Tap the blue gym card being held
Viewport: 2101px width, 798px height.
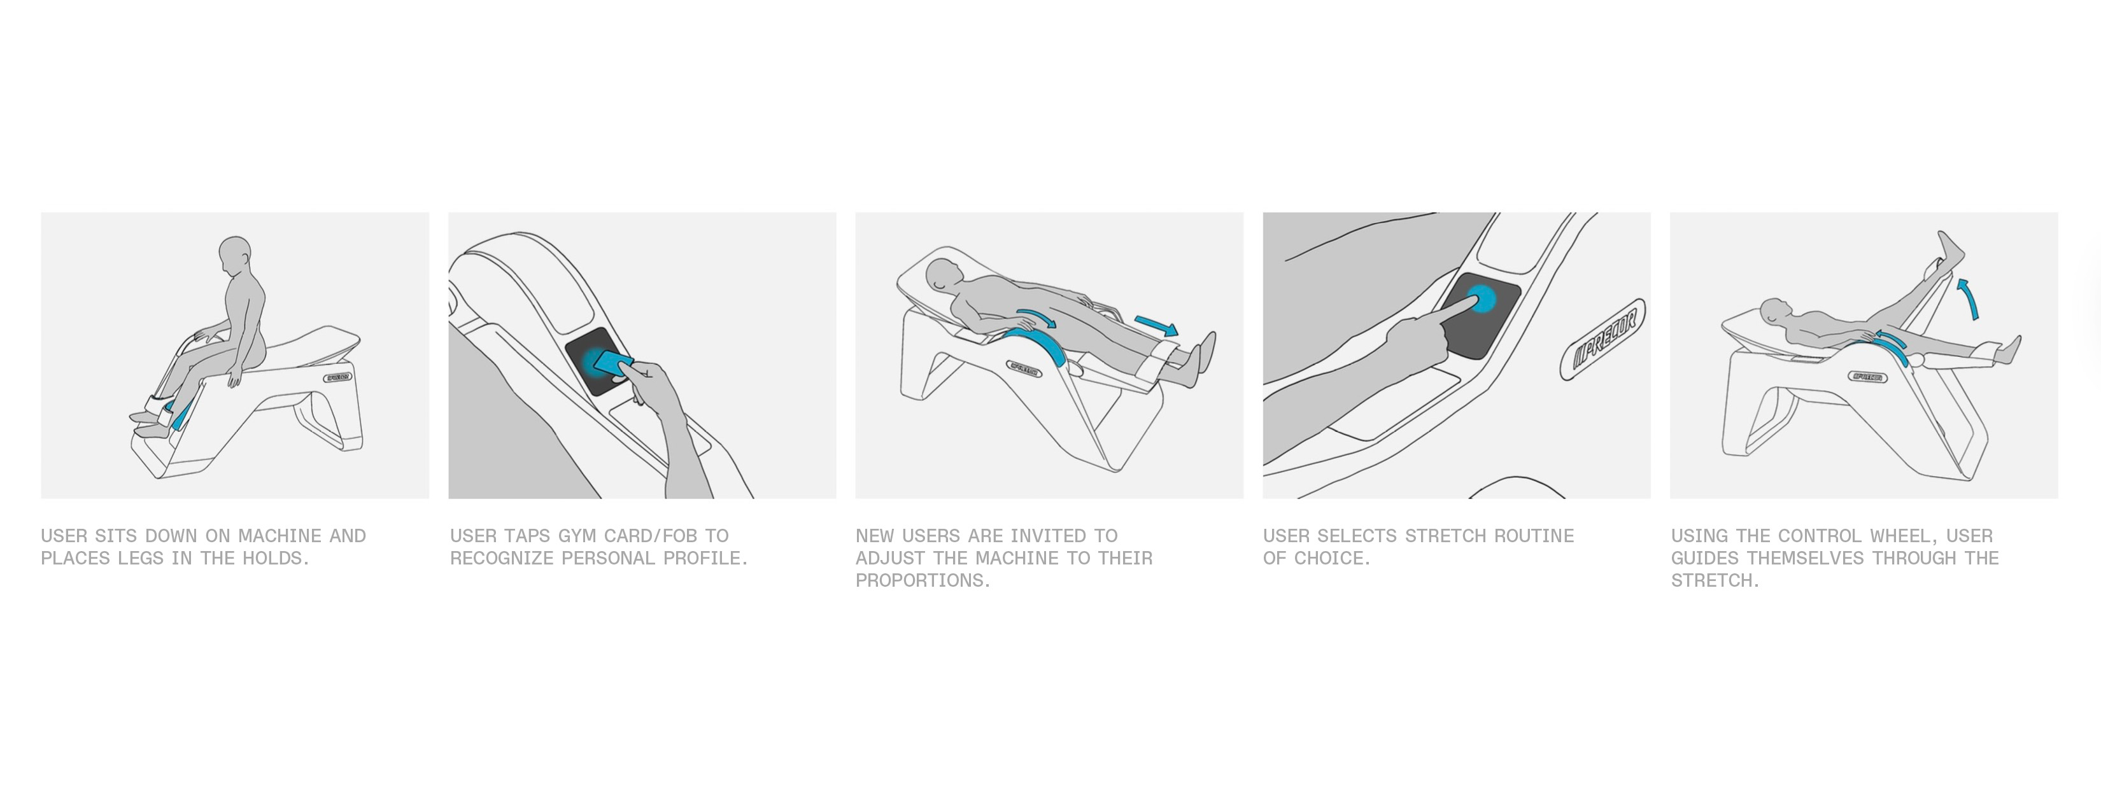[x=613, y=363]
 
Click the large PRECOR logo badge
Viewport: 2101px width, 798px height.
[x=1602, y=339]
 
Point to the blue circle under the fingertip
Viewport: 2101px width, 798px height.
[x=1481, y=300]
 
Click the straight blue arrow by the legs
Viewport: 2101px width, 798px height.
[x=1156, y=326]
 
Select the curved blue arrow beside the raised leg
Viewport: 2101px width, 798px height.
[x=1967, y=298]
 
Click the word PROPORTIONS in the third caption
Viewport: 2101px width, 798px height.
[x=923, y=580]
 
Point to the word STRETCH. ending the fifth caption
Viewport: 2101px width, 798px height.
[x=1715, y=580]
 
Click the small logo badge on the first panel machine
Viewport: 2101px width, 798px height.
[x=337, y=377]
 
